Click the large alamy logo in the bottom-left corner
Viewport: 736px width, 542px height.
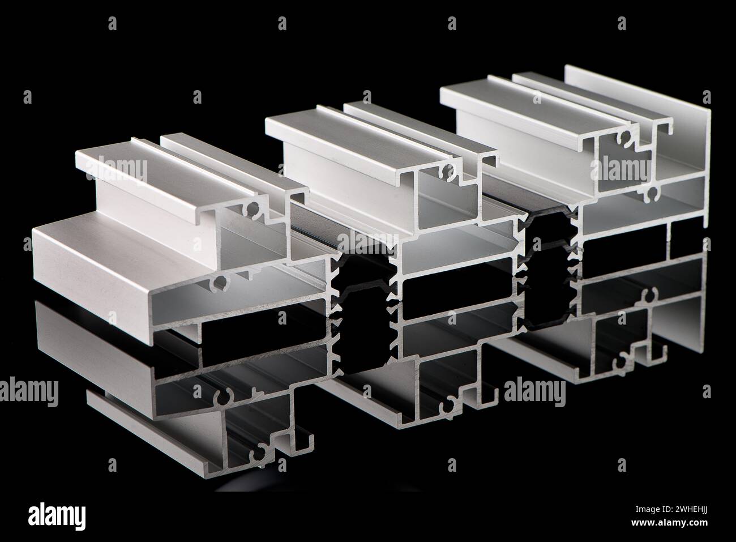click(57, 517)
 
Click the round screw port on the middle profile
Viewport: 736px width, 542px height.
click(450, 169)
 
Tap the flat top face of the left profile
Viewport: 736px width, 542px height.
click(142, 164)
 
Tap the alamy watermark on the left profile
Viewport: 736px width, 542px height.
click(116, 170)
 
